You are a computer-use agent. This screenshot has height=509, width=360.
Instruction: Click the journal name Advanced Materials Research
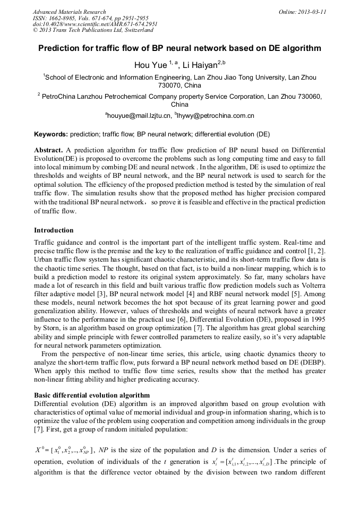coord(69,12)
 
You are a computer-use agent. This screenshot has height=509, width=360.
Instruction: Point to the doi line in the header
coord(95,24)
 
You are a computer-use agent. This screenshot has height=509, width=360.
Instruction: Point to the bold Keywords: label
coord(50,135)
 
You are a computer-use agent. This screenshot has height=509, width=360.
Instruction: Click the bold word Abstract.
coord(49,151)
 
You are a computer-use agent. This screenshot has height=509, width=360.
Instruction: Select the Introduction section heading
coord(53,230)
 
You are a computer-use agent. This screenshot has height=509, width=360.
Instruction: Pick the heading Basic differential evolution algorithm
coord(91,395)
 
